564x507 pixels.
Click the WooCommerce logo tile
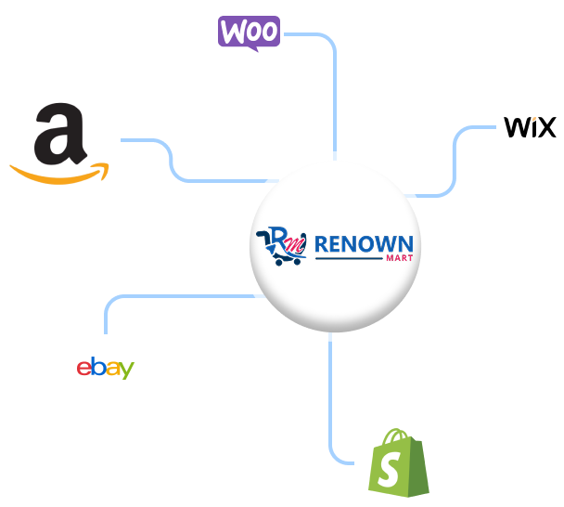tap(250, 34)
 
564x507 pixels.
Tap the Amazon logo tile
tap(60, 140)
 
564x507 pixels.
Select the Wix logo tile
tap(530, 127)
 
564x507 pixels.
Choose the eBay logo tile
tap(105, 368)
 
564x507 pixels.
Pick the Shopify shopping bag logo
tap(398, 461)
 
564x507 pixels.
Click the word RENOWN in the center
tap(364, 245)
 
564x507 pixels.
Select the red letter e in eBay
tap(83, 368)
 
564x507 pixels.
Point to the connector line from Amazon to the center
tap(172, 158)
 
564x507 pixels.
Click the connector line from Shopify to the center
tap(330, 399)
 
